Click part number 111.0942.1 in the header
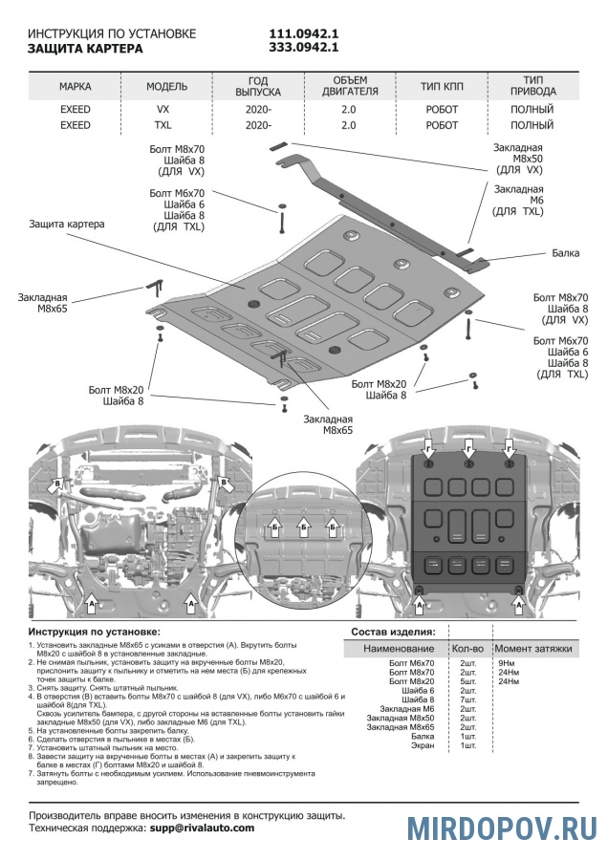tap(304, 32)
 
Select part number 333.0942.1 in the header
tap(304, 47)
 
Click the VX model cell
tap(163, 110)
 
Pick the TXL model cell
tap(163, 125)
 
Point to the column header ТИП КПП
tap(442, 86)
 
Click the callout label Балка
tap(565, 255)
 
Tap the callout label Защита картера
tap(67, 225)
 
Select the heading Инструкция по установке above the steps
tap(95, 633)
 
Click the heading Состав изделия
tap(393, 633)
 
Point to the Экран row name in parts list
tap(420, 745)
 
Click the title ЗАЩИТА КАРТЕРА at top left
tap(86, 47)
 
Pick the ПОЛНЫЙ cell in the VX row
tap(532, 110)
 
